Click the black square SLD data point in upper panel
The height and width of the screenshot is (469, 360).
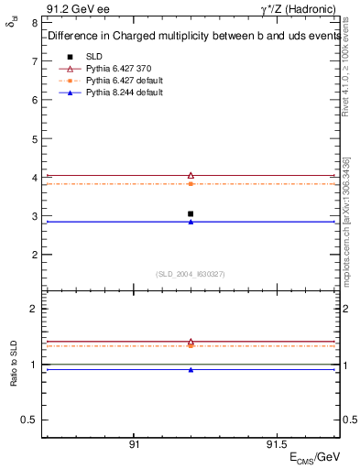(x=191, y=213)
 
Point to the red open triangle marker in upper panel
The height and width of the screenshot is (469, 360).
(x=191, y=175)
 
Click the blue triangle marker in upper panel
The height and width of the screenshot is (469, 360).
(x=191, y=222)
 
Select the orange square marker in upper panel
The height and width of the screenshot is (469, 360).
(x=191, y=184)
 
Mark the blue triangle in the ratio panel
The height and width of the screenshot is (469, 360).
(x=191, y=370)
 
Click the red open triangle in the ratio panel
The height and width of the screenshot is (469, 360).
(x=191, y=342)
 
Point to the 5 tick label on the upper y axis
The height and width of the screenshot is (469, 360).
(x=34, y=139)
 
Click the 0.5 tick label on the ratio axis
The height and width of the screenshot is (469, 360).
(x=30, y=420)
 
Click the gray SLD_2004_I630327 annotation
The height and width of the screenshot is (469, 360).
(x=191, y=274)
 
